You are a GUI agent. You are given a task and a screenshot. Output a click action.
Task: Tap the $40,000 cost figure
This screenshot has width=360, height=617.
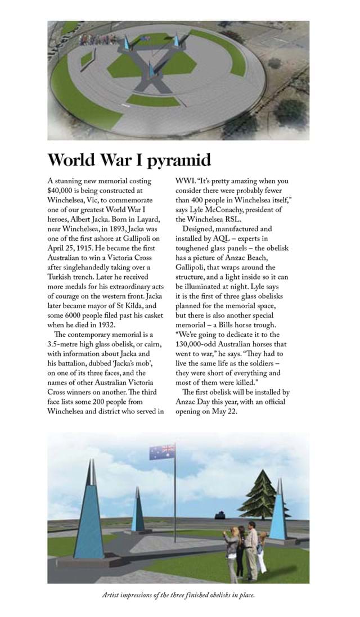[63, 191]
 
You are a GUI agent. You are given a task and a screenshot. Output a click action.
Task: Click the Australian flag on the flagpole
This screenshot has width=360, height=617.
[162, 451]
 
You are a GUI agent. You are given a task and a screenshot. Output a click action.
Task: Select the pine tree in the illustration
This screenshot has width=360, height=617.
[260, 494]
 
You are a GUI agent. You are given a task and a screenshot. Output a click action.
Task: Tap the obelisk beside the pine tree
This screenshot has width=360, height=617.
[278, 512]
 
